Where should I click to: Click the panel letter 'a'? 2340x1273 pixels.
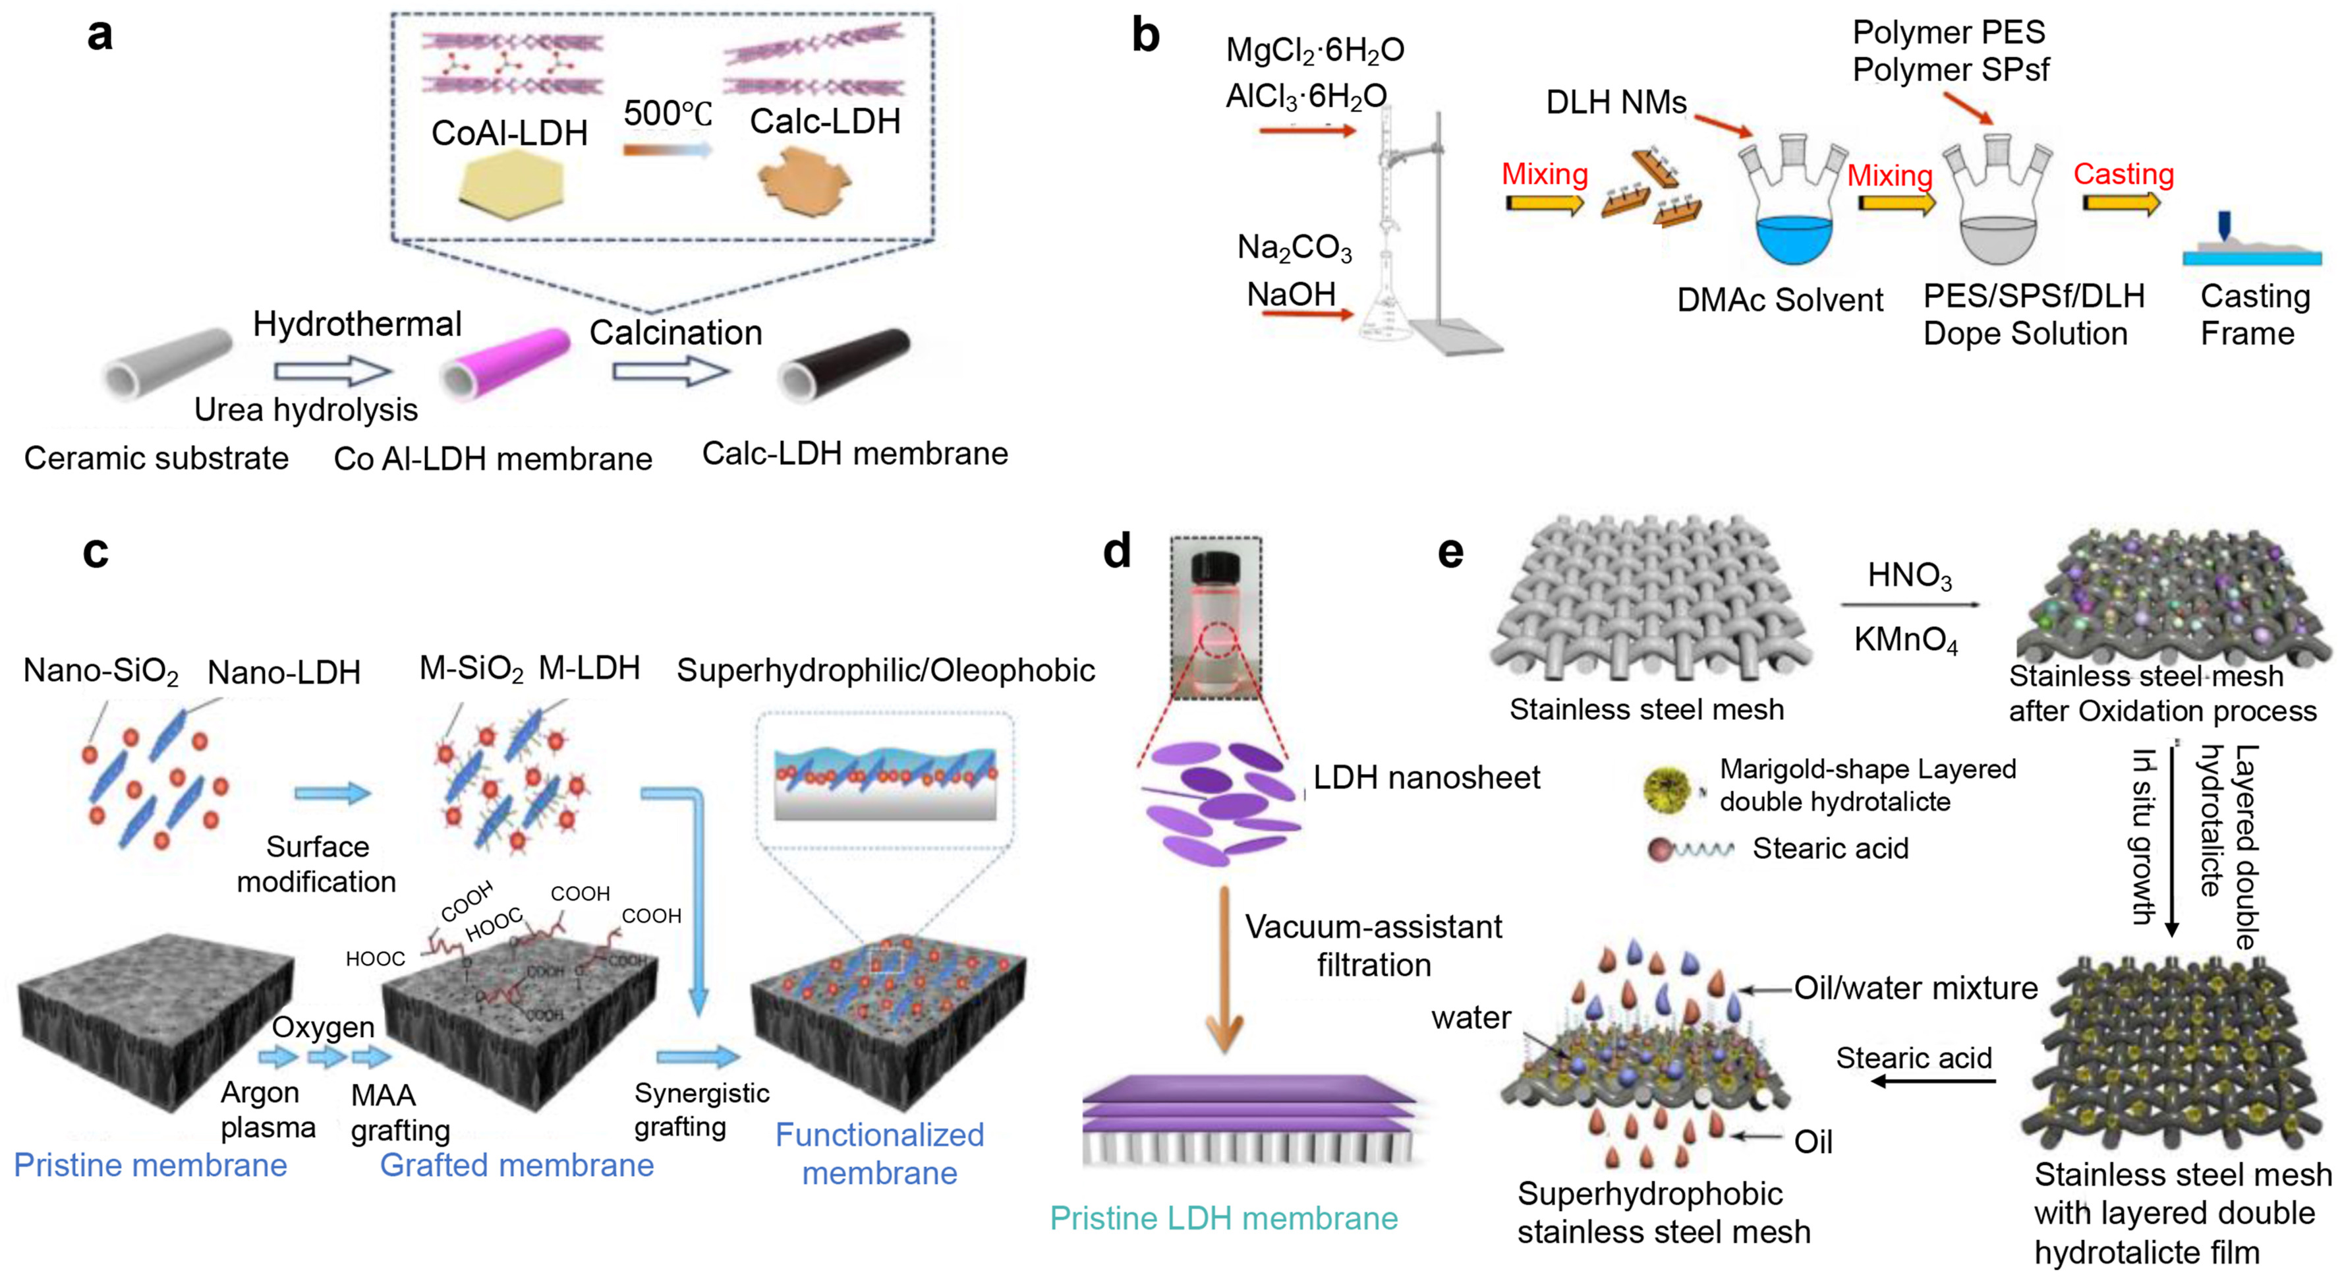pyautogui.click(x=100, y=36)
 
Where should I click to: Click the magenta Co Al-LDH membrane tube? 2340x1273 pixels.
pyautogui.click(x=507, y=365)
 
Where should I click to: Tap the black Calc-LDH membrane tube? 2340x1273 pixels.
pyautogui.click(x=845, y=363)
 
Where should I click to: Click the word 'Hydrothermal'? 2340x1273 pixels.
pyautogui.click(x=357, y=324)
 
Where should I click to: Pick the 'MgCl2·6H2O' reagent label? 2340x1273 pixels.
pyautogui.click(x=1315, y=51)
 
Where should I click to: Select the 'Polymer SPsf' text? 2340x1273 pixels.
pyautogui.click(x=1951, y=70)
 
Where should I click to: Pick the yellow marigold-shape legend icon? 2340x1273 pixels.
pyautogui.click(x=1668, y=788)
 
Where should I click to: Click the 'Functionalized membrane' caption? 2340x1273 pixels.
pyautogui.click(x=879, y=1154)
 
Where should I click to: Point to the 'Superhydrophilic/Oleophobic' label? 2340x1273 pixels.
pyautogui.click(x=886, y=670)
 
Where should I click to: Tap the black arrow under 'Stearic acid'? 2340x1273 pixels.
pyautogui.click(x=1933, y=1081)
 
